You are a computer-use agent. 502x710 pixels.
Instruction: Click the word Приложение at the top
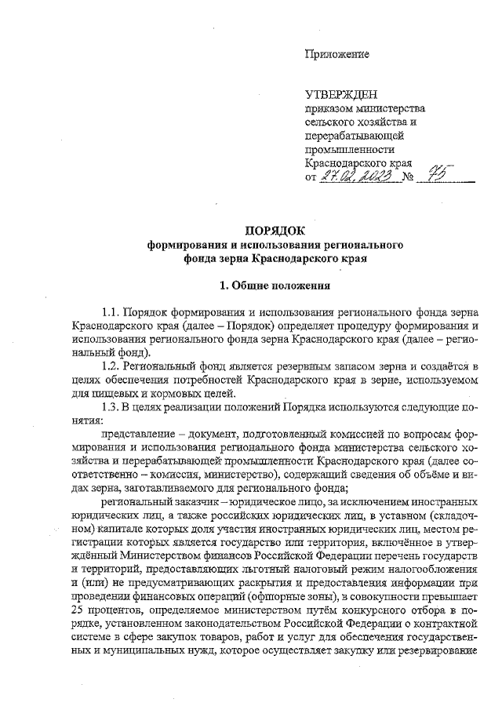tap(336, 54)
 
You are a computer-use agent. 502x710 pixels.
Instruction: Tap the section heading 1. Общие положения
tap(275, 285)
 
